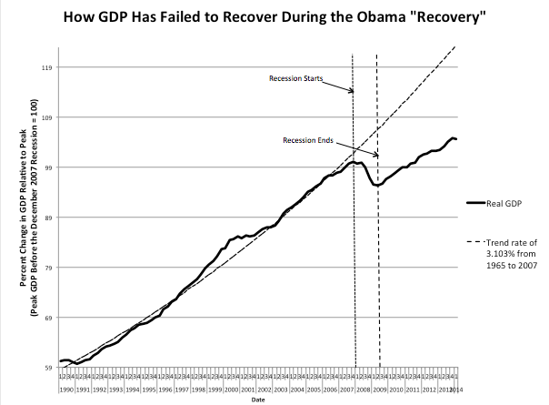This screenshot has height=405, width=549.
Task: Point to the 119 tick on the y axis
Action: (45, 67)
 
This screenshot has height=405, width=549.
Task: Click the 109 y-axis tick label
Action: (45, 117)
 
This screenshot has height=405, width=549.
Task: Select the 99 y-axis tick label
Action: (47, 167)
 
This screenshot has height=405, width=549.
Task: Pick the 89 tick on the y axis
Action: (47, 218)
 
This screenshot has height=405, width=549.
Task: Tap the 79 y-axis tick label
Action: (47, 268)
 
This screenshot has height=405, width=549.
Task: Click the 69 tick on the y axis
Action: (47, 318)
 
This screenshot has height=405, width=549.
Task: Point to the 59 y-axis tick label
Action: (47, 368)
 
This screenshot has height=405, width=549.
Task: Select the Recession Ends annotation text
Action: (308, 140)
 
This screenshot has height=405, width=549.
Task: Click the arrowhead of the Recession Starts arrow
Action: (352, 92)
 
